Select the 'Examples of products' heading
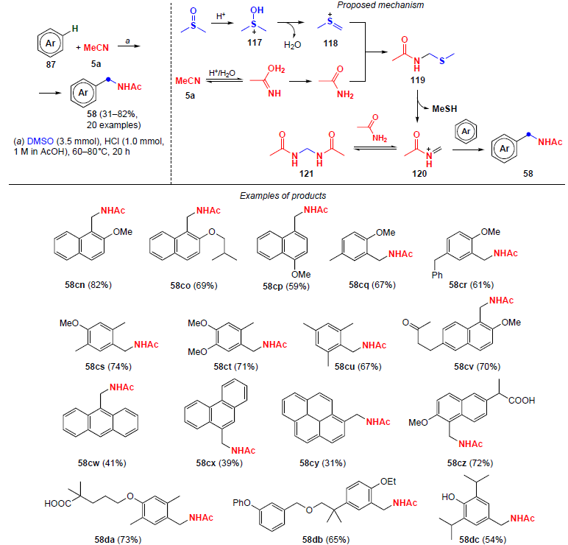click(x=283, y=196)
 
